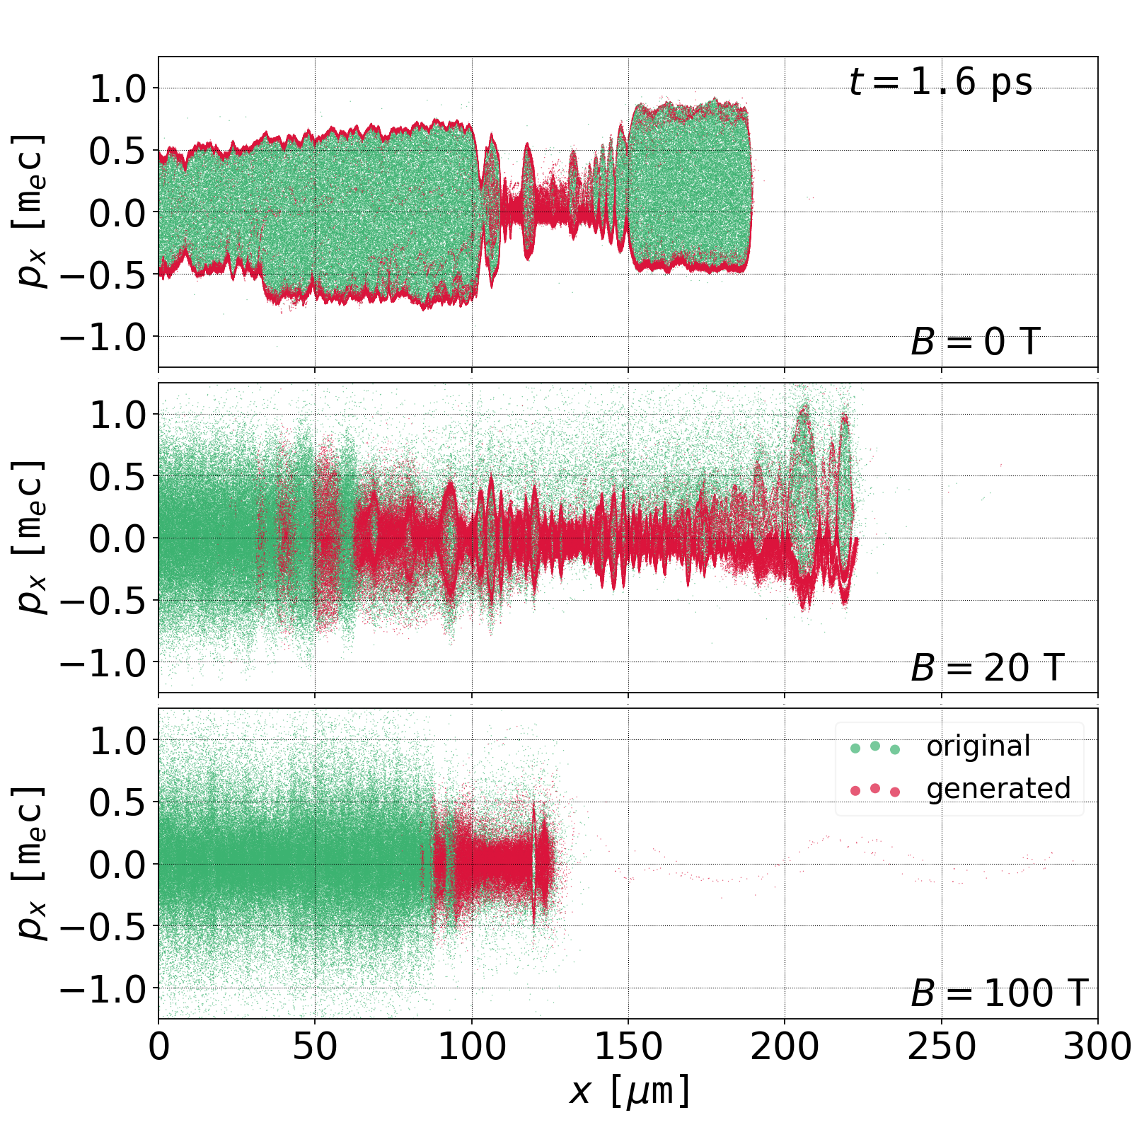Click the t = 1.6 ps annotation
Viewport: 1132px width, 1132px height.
[940, 82]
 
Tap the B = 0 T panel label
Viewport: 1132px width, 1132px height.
[975, 342]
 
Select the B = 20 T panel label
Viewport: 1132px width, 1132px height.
[987, 668]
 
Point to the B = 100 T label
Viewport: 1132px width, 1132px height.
[998, 993]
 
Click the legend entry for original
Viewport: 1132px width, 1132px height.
[978, 746]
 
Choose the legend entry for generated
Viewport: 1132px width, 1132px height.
[998, 788]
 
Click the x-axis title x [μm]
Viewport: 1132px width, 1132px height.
[628, 1091]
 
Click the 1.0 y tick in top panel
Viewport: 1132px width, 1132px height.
[117, 89]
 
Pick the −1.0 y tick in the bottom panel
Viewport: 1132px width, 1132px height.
[103, 989]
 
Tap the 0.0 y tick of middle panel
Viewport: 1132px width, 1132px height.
[117, 539]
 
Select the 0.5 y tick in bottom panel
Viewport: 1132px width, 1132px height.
[117, 803]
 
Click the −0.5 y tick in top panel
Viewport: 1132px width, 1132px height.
[103, 275]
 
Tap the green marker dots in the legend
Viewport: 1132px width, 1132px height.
[875, 747]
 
